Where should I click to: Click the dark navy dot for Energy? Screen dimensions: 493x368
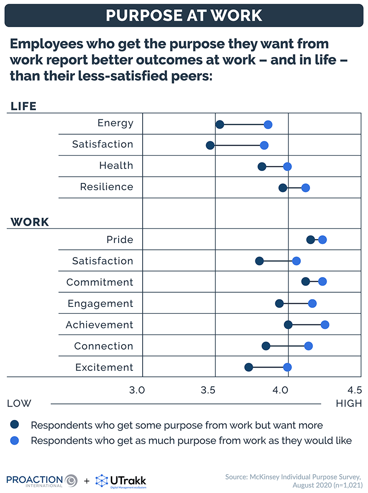tap(220, 125)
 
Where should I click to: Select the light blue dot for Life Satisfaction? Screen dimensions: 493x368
tap(264, 146)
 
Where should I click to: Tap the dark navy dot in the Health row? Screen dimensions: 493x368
tap(262, 166)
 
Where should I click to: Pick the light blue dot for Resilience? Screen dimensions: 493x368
tap(305, 187)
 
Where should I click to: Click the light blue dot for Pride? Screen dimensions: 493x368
tap(322, 240)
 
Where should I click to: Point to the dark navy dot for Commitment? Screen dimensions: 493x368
tap(305, 281)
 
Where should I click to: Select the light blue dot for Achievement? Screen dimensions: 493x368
tap(325, 325)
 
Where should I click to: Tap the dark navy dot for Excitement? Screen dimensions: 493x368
tap(249, 367)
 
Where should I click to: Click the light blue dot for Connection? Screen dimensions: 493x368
tap(308, 346)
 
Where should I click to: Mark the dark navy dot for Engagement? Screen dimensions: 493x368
tap(279, 303)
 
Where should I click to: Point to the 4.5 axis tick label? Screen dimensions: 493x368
tap(355, 391)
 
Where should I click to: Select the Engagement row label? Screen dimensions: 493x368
tap(100, 304)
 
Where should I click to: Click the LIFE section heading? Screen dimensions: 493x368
tap(23, 107)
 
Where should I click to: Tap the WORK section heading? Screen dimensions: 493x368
tap(30, 222)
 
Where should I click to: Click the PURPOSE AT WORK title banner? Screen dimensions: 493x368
tap(184, 15)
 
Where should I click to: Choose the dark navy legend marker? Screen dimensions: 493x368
tap(15, 425)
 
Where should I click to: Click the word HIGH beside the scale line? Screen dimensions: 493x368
tap(349, 404)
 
